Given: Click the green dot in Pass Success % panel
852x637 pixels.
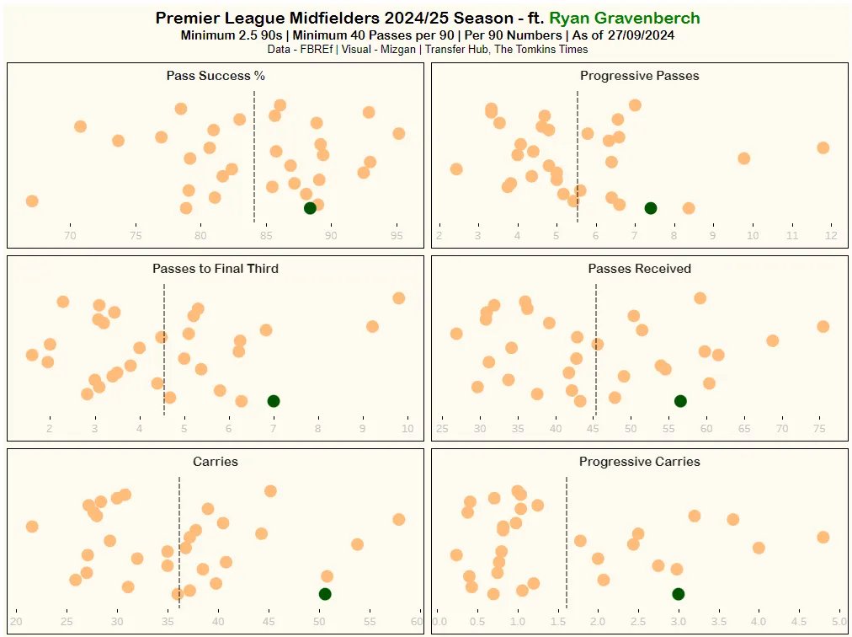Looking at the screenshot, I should (x=310, y=208).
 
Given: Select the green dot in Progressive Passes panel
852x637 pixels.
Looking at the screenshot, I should (x=650, y=208).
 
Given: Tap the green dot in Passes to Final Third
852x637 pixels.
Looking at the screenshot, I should (x=273, y=401).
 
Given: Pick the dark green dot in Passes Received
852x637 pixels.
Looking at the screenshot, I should (x=680, y=401).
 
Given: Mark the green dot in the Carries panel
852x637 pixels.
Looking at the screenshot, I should (x=325, y=594).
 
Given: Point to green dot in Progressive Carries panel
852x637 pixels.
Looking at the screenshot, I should (x=678, y=594).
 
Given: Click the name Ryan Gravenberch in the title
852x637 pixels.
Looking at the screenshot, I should (x=624, y=19).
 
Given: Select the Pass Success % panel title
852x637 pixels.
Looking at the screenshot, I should (x=216, y=76).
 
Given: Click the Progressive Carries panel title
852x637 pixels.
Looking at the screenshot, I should (x=639, y=462).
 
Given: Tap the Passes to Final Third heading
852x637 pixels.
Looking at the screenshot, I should (x=216, y=269).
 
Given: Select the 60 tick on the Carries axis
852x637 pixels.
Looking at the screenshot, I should (x=416, y=623).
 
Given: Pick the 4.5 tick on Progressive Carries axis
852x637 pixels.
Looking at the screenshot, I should (x=798, y=623).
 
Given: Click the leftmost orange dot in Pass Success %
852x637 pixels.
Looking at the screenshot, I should (x=32, y=201).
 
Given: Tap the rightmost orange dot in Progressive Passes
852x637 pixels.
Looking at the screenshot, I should (x=823, y=147).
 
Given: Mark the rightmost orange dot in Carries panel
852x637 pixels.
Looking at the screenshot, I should (x=398, y=519).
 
